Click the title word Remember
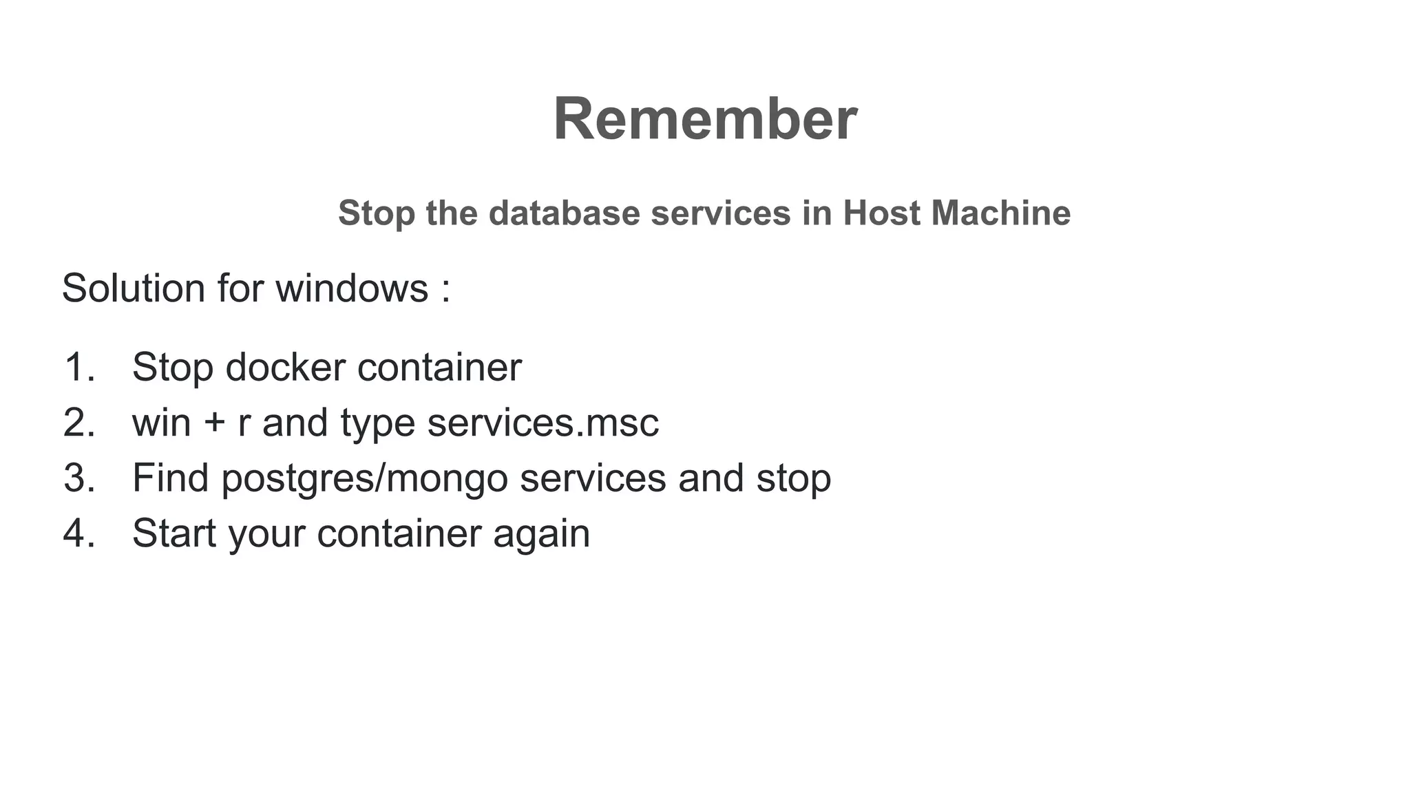[704, 120]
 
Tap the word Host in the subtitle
[881, 213]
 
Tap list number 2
[78, 423]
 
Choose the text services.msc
[543, 423]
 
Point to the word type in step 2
[377, 425]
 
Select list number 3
[78, 478]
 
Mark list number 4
[78, 533]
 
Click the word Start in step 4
[174, 533]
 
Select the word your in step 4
[266, 536]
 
